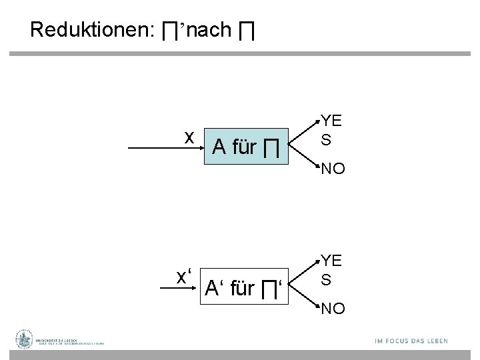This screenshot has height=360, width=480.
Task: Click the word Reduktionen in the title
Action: [x=91, y=30]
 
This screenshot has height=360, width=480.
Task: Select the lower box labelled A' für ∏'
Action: [x=246, y=289]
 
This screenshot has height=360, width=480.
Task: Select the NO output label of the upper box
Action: [x=333, y=169]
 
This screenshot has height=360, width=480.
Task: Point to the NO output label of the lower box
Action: [x=333, y=309]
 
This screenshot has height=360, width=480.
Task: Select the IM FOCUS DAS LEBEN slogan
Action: [x=411, y=341]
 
